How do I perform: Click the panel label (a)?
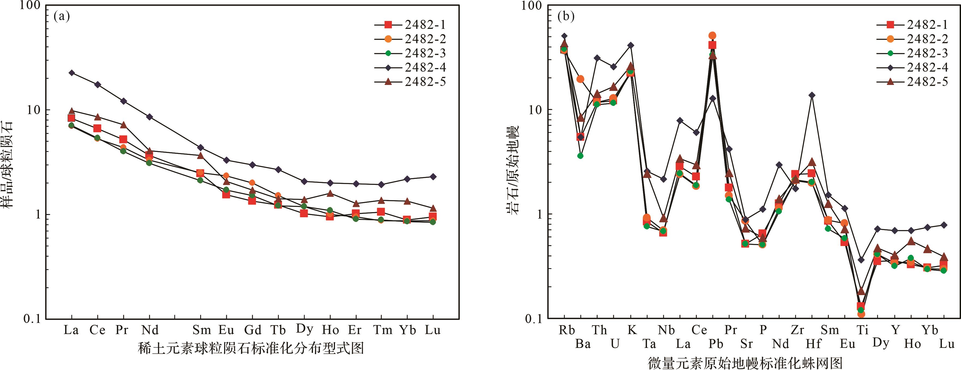[x=62, y=17]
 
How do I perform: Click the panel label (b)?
[x=566, y=17]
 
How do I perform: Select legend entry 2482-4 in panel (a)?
[x=425, y=68]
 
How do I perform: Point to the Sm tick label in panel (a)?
[x=202, y=330]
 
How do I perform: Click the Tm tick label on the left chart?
[x=383, y=330]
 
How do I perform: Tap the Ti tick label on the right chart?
[x=862, y=330]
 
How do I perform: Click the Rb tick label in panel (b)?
[x=567, y=330]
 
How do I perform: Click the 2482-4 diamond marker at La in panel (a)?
[x=71, y=73]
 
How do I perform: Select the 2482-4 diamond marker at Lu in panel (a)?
[x=433, y=176]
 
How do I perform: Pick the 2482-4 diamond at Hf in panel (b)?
[x=811, y=95]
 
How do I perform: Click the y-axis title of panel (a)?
[x=8, y=164]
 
